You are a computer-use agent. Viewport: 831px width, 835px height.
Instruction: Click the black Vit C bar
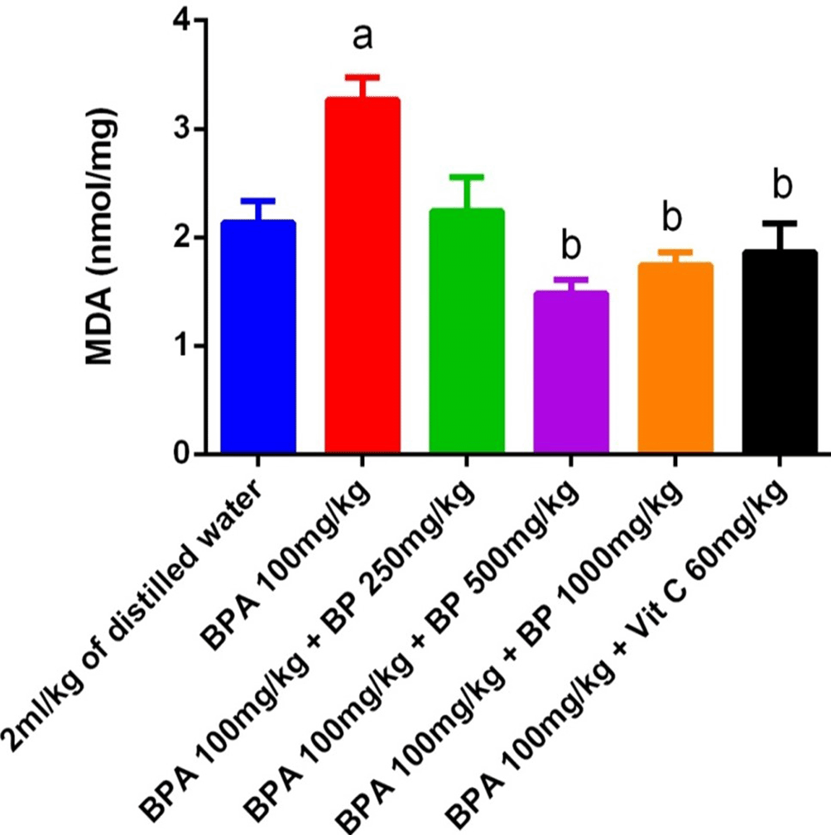tap(780, 351)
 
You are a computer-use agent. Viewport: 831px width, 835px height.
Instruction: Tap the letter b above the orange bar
tap(675, 217)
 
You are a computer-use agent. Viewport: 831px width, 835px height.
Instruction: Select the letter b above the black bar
tap(780, 185)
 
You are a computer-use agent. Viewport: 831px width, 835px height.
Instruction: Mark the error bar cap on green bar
tap(467, 176)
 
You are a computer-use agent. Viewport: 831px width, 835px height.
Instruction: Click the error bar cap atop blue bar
tap(258, 200)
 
